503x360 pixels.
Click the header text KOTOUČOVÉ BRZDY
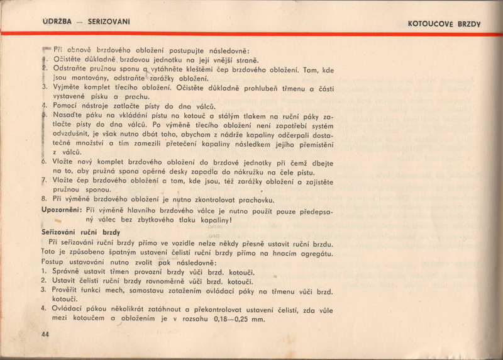coord(444,24)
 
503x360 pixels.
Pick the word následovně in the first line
coord(224,50)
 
